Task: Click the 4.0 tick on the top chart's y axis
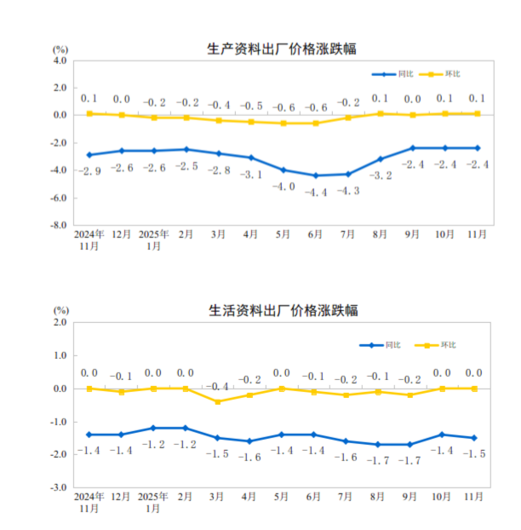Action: pyautogui.click(x=57, y=60)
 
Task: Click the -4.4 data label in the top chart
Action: pyautogui.click(x=317, y=192)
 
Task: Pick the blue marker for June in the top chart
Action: pyautogui.click(x=317, y=176)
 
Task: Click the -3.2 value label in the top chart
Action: pyautogui.click(x=381, y=176)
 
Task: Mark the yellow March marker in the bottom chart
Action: pyautogui.click(x=219, y=401)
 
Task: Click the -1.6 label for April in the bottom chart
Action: pyautogui.click(x=250, y=457)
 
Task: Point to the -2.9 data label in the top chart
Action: pyautogui.click(x=89, y=171)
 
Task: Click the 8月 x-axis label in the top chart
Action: pyautogui.click(x=380, y=233)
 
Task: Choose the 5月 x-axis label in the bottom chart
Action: pyautogui.click(x=283, y=495)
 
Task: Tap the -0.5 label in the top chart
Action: pyautogui.click(x=251, y=107)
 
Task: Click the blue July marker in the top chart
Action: pyautogui.click(x=347, y=174)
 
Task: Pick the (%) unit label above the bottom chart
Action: pyautogui.click(x=60, y=311)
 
